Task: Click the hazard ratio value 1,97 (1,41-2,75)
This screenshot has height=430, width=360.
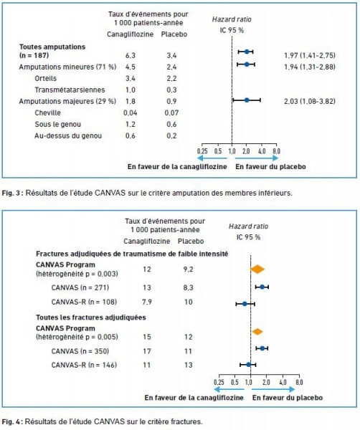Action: (310, 55)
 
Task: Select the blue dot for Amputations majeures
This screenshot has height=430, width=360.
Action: (247, 100)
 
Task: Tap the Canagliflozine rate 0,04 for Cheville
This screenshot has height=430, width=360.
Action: (130, 113)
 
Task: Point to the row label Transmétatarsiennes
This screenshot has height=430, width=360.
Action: (70, 90)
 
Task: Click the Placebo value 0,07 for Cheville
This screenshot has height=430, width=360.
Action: (171, 113)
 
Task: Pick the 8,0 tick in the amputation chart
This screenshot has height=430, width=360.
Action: (276, 151)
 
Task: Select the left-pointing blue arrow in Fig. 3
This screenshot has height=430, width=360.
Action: (212, 158)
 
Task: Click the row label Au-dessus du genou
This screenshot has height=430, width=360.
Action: (68, 135)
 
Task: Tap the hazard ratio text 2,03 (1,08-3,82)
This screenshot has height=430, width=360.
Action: (310, 101)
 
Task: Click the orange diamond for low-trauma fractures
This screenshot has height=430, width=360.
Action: (257, 269)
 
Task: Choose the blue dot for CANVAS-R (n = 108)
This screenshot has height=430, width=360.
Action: (245, 304)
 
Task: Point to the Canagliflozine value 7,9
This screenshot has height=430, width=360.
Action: (147, 302)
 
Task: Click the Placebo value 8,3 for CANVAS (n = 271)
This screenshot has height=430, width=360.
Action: (188, 287)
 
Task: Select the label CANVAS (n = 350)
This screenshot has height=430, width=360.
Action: (80, 351)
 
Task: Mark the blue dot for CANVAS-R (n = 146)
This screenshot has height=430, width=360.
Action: (248, 365)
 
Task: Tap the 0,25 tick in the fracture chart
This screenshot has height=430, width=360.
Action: (219, 382)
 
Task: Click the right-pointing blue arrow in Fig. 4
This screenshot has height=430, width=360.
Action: (273, 389)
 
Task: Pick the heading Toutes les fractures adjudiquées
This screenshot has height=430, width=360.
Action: (91, 317)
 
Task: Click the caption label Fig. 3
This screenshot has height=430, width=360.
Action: (11, 193)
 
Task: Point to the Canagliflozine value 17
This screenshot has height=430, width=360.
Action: (147, 351)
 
